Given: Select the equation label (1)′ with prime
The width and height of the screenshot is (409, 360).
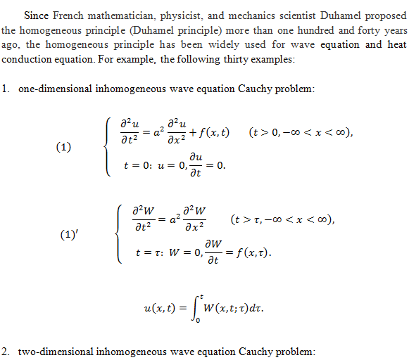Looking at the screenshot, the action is point(68,234).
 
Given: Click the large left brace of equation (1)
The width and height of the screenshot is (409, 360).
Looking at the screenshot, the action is point(105,148).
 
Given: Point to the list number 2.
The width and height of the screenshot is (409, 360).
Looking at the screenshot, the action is point(6,351).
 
